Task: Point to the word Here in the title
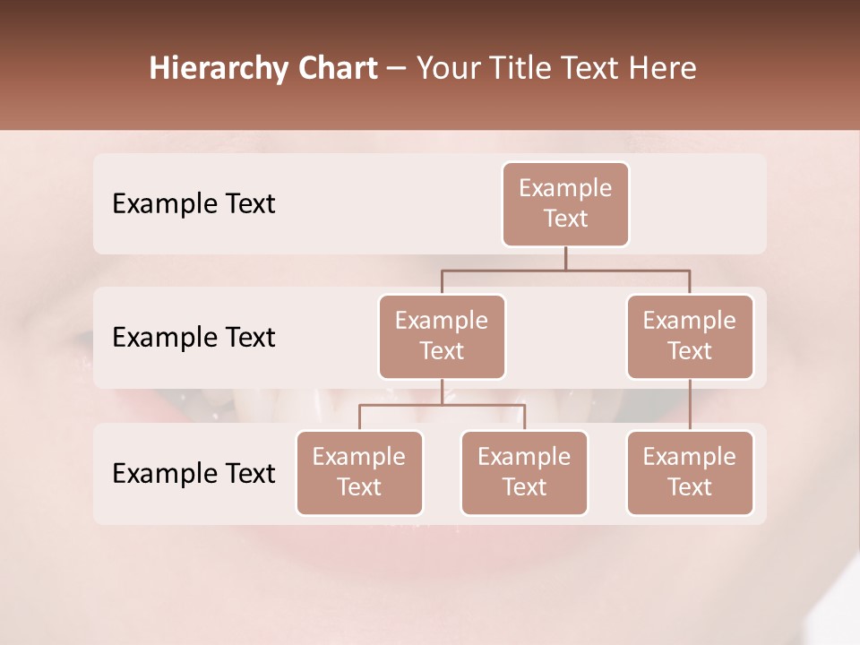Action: [663, 69]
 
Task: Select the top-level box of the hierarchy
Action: [565, 204]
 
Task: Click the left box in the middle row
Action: [442, 337]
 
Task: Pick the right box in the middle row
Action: [690, 337]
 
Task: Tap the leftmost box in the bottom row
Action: [359, 473]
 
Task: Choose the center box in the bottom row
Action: [524, 473]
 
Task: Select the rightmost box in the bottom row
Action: [690, 473]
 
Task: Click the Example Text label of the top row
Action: [193, 204]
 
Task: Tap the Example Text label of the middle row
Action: [193, 338]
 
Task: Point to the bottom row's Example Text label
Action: [193, 474]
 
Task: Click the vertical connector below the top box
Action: [565, 258]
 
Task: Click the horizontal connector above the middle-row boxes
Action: [565, 270]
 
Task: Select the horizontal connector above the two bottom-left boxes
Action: [442, 405]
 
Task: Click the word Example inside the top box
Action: [565, 188]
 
